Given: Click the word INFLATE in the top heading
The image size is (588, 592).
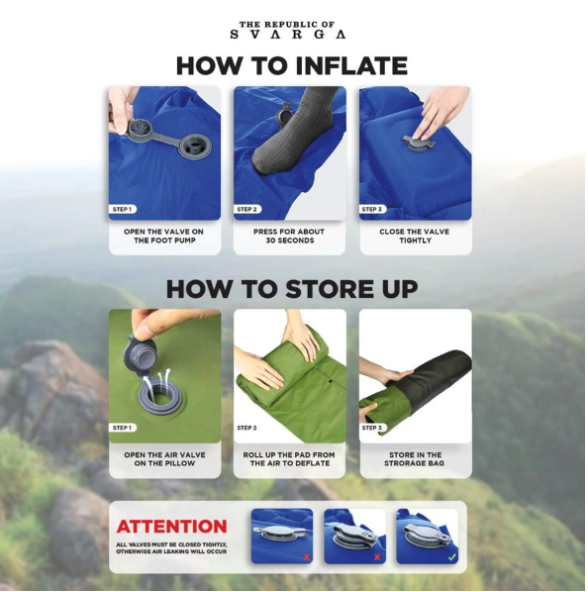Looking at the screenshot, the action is point(351,65).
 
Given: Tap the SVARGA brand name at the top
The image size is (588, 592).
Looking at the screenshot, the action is point(288,35).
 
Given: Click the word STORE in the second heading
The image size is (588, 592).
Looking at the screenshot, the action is point(323,289).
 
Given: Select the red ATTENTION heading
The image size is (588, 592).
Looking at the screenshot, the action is point(171,527).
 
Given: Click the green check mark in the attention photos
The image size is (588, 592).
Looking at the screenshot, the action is point(451,556).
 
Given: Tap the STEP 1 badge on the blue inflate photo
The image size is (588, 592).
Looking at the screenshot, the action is point(122,209).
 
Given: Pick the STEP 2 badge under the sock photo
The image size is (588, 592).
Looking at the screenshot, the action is point(246,209).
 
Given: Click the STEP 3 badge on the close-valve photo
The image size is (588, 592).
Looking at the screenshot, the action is point(372,209).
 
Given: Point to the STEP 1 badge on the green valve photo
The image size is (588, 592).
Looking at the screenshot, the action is point(122,428).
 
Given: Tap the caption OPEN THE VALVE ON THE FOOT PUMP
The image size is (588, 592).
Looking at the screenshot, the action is point(163,236).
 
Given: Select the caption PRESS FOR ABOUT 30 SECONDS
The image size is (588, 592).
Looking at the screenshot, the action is point(289,236).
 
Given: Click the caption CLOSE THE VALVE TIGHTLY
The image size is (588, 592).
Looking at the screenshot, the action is point(415,236).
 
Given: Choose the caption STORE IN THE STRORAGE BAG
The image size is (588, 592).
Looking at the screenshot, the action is point(415,459).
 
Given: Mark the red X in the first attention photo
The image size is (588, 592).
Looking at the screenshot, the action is point(307,557).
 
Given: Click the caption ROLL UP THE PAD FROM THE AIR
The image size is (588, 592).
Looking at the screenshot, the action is point(289,459).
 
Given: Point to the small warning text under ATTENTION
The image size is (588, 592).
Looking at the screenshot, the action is point(171,548).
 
